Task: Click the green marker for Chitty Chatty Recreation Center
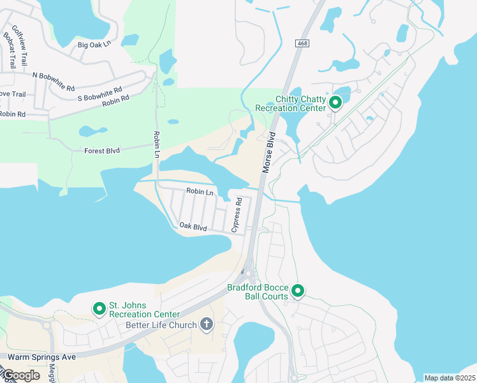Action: (335, 101)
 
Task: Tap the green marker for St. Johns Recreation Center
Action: (99, 309)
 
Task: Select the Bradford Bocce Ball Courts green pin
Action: (298, 292)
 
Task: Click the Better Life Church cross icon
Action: (206, 325)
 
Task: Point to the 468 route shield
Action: (302, 43)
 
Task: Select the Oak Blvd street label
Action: (193, 227)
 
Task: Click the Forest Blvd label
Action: (102, 151)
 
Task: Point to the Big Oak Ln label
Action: (94, 44)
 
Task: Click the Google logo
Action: (20, 375)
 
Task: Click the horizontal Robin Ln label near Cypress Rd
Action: (200, 191)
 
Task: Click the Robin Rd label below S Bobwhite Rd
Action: (115, 100)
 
